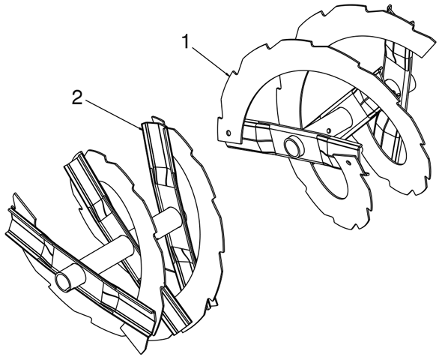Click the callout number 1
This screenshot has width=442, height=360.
[x=186, y=41]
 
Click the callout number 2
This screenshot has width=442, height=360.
[x=77, y=97]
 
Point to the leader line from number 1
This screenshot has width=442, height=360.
[x=211, y=61]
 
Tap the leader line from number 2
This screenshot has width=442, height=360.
[x=112, y=114]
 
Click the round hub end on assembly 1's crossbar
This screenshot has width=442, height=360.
[x=294, y=146]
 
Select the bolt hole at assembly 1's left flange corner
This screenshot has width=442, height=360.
[x=228, y=132]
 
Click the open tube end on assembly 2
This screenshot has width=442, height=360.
[x=64, y=280]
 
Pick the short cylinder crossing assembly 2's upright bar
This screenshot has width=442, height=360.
[x=168, y=222]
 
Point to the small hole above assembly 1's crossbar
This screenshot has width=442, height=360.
[x=328, y=130]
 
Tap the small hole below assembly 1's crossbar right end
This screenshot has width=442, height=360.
[x=348, y=162]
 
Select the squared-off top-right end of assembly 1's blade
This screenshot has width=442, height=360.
[x=428, y=48]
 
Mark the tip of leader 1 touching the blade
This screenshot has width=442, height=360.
[x=228, y=76]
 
